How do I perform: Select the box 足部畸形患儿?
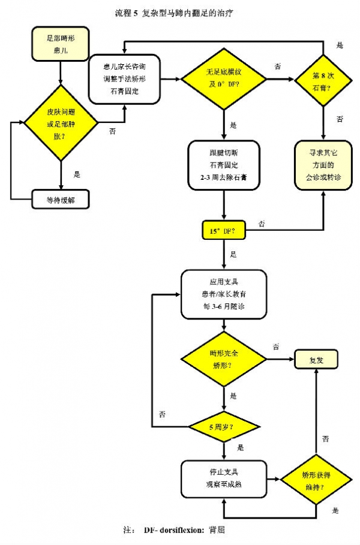pyautogui.click(x=61, y=44)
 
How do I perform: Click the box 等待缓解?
pyautogui.click(x=61, y=199)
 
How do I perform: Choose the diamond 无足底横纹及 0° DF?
pyautogui.click(x=224, y=79)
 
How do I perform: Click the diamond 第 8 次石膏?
pyautogui.click(x=324, y=79)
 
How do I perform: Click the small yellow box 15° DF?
pyautogui.click(x=223, y=229)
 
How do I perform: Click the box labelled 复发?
pyautogui.click(x=316, y=360)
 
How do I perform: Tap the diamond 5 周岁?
pyautogui.click(x=224, y=427)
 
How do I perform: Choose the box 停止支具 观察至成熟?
pyautogui.click(x=224, y=480)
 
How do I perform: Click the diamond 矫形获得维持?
pyautogui.click(x=317, y=480)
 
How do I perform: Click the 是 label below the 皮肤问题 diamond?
pyautogui.click(x=76, y=174)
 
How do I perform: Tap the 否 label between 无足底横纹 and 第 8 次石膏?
pyautogui.click(x=277, y=67)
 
